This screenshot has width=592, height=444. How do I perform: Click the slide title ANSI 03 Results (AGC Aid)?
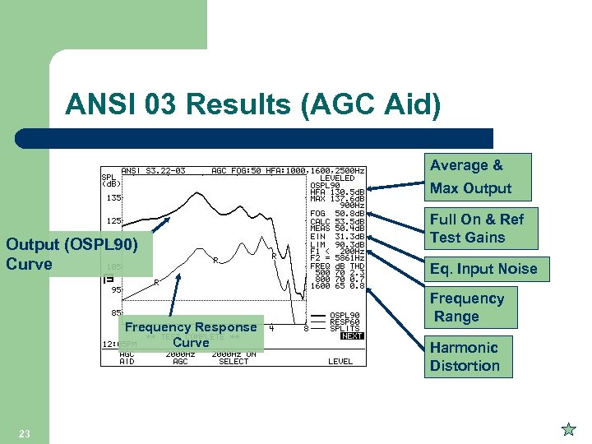tap(252, 105)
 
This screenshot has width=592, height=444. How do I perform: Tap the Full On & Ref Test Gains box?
tap(477, 228)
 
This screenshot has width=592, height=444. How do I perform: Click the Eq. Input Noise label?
tap(483, 269)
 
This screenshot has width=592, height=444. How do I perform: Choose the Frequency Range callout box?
tap(466, 308)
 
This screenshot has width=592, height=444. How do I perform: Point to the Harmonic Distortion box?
tap(465, 357)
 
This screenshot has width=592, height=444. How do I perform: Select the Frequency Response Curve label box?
tap(191, 334)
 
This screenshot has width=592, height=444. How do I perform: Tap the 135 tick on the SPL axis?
tap(113, 198)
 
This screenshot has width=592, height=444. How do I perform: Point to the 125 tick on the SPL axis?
tap(113, 221)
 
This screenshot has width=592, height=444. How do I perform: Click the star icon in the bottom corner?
tap(567, 429)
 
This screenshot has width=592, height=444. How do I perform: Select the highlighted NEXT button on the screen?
tap(352, 335)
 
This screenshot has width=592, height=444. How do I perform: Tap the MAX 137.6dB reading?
tap(337, 198)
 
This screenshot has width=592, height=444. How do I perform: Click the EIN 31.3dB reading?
tap(337, 237)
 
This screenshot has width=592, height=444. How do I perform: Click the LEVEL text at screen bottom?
tap(340, 361)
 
